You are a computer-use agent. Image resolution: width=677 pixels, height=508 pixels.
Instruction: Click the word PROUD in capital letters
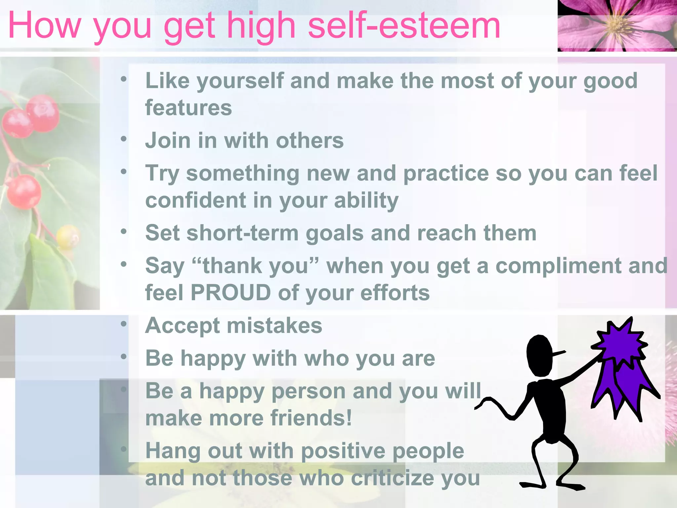pyautogui.click(x=231, y=293)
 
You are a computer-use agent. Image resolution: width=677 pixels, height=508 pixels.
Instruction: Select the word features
pyautogui.click(x=188, y=108)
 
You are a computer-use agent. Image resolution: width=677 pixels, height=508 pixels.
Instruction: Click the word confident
pyautogui.click(x=196, y=200)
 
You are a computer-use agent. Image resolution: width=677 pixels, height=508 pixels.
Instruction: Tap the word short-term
pyautogui.click(x=243, y=233)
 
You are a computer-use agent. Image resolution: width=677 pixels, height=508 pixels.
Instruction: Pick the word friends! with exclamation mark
pyautogui.click(x=311, y=418)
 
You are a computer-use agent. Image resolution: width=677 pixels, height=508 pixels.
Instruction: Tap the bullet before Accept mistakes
pyautogui.click(x=124, y=324)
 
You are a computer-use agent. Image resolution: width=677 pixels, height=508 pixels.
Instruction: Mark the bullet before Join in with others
pyautogui.click(x=124, y=139)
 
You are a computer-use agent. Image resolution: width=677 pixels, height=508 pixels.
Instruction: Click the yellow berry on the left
pyautogui.click(x=68, y=236)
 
